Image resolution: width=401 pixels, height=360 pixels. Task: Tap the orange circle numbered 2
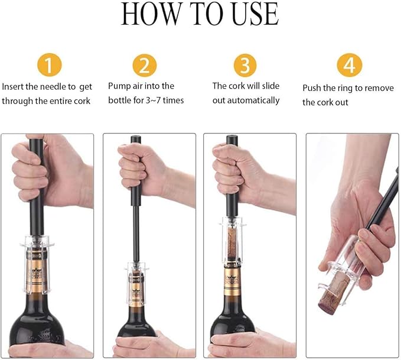[145, 64]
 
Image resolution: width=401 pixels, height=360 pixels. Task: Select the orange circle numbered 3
[245, 64]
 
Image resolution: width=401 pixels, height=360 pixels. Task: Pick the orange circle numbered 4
[349, 64]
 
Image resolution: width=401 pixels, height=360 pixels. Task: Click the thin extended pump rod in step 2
[136, 225]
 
